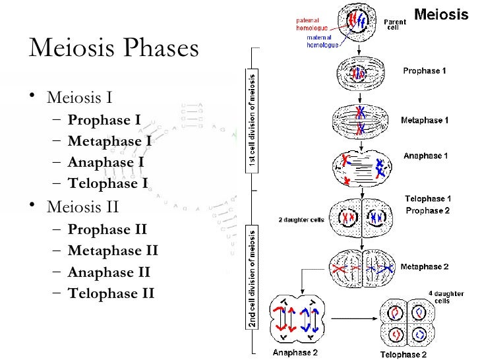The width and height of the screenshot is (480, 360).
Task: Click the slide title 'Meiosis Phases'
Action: point(113,50)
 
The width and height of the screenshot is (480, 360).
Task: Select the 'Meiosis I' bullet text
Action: point(79,100)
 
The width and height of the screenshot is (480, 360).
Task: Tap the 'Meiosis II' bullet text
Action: point(82,208)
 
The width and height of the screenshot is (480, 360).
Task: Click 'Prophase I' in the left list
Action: point(104,121)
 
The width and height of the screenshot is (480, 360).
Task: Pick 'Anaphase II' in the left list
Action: point(109,272)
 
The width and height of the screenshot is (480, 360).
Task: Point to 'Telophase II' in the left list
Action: point(111,292)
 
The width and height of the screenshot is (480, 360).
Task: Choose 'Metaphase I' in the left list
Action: point(109,141)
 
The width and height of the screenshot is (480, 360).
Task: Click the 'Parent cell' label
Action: point(395,25)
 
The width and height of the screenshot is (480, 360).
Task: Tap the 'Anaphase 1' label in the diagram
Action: point(425,156)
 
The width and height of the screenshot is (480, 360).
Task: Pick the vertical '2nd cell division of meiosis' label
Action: point(253,276)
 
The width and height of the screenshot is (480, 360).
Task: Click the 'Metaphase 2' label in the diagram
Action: point(425,266)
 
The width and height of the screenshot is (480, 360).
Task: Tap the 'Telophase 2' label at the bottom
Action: point(402,354)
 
